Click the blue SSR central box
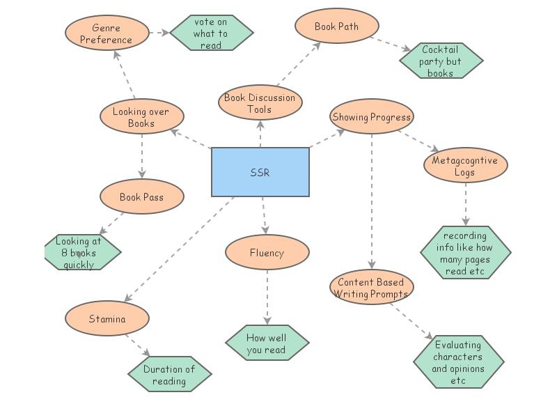260,171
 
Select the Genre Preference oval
107,33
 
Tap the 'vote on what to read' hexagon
211,33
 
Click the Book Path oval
336,26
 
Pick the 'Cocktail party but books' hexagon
441,61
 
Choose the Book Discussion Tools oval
260,103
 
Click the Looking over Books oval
141,117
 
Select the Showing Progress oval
371,117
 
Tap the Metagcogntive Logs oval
465,166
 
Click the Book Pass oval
141,197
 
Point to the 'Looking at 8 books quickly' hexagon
81,253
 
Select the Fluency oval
267,253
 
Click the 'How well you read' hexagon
267,343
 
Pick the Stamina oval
107,319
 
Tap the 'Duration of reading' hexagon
169,375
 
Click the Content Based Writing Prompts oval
371,287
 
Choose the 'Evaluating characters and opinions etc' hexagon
458,362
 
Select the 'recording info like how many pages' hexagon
465,252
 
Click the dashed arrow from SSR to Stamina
180,248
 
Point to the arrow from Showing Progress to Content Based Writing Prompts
371,202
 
